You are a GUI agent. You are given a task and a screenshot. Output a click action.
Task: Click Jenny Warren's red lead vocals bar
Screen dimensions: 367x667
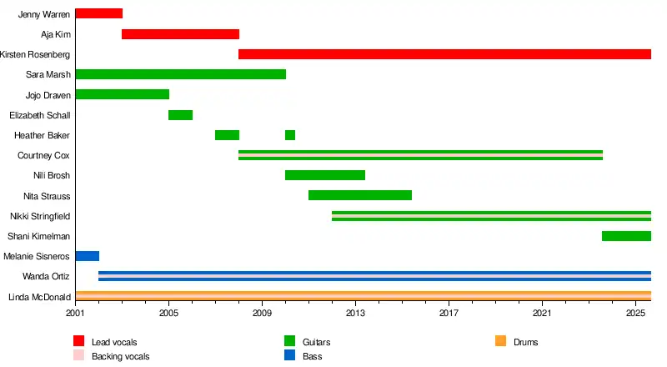coord(98,13)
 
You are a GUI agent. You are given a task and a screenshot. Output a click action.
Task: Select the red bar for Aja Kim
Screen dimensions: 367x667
coord(180,34)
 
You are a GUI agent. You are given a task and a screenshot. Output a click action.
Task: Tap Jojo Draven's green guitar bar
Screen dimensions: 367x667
coord(122,94)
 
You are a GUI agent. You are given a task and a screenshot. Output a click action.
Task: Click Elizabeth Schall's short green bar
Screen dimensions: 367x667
coord(180,115)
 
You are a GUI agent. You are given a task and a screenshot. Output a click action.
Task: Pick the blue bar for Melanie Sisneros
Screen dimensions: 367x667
coord(87,256)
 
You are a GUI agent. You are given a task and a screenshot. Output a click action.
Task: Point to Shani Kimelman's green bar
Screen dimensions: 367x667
coord(626,236)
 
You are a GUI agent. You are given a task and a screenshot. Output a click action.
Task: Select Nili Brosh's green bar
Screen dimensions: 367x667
coord(324,175)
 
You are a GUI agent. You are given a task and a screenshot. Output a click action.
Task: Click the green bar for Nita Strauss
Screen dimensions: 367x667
coord(359,195)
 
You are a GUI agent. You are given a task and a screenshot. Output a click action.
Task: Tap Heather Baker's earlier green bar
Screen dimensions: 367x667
coord(227,135)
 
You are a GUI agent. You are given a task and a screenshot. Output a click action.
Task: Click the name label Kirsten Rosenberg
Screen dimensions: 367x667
coord(35,55)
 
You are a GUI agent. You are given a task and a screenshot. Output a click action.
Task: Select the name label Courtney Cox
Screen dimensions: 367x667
coord(43,156)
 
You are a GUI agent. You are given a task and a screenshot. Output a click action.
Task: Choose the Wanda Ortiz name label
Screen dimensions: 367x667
coord(47,277)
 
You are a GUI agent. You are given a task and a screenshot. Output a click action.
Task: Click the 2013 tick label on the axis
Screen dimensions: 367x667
coord(355,313)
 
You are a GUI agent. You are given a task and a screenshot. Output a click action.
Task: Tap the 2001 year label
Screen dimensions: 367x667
coord(75,313)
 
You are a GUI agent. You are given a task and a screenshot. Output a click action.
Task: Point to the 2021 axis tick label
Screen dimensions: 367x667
coord(542,313)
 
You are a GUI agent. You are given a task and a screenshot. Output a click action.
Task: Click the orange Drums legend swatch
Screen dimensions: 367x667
coord(500,341)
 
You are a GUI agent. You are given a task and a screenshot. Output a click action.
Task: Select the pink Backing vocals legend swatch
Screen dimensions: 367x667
coord(79,355)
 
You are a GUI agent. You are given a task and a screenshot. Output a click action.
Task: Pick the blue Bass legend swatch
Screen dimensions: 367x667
coord(290,355)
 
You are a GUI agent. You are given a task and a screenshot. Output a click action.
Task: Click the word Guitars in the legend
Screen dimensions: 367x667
coord(320,342)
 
